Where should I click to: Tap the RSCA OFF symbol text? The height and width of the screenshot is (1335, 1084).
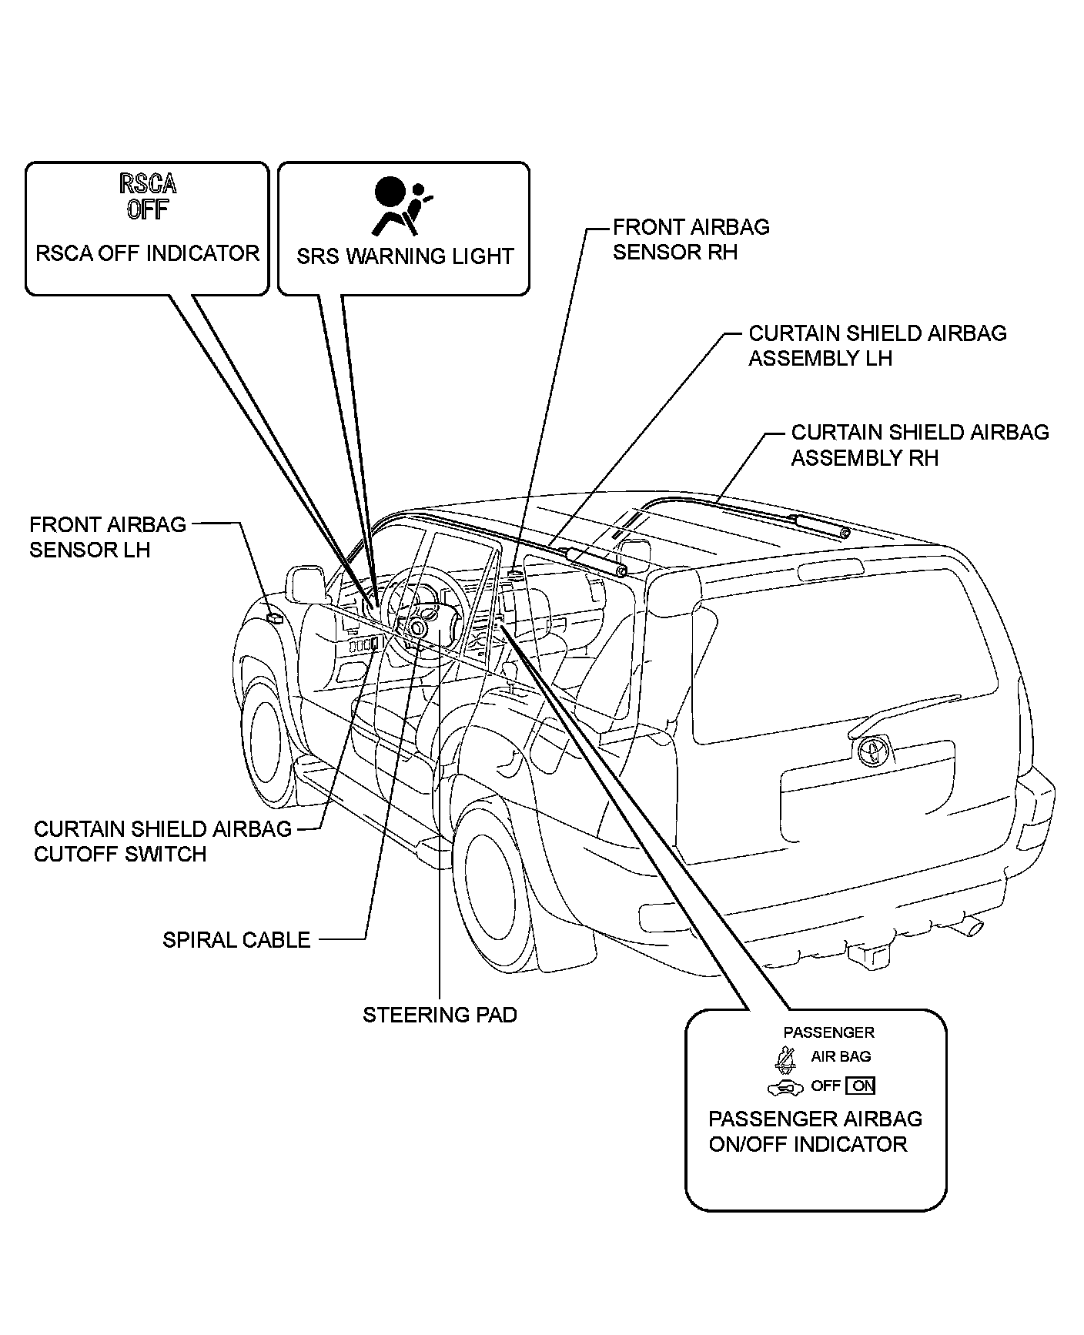pos(148,196)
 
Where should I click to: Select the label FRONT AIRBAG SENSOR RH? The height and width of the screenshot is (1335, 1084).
pos(691,239)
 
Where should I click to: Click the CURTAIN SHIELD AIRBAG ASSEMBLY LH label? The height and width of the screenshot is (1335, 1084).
pos(877,346)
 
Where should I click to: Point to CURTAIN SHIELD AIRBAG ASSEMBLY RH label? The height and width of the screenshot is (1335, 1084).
pos(919,445)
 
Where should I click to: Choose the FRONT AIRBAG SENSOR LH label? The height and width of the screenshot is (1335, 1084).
pos(108,537)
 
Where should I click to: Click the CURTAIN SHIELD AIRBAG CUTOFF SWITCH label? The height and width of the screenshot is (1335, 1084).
pos(162,841)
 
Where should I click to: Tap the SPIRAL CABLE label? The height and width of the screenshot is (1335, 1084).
pos(236,939)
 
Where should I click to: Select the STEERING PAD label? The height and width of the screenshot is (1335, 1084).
pos(440,1015)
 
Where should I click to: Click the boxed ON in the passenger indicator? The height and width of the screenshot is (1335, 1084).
pos(860,1086)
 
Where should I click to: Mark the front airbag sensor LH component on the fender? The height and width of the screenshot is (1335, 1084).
pos(273,617)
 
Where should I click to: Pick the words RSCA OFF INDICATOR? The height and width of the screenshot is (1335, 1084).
pos(148,253)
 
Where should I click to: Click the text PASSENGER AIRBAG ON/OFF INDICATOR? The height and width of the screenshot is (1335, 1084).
pos(815,1131)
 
